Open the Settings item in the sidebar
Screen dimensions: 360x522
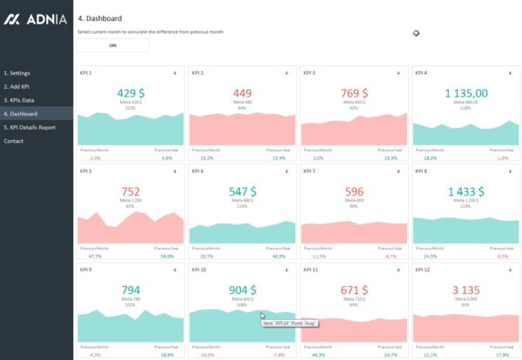pyautogui.click(x=17, y=73)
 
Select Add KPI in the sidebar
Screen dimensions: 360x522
pyautogui.click(x=17, y=87)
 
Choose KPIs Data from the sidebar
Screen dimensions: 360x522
pyautogui.click(x=18, y=100)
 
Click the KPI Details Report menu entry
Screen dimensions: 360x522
pyautogui.click(x=30, y=127)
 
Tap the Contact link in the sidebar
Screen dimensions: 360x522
pyautogui.click(x=13, y=141)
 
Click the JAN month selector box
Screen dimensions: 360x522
pyautogui.click(x=112, y=44)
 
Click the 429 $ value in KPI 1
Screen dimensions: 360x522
pyautogui.click(x=130, y=92)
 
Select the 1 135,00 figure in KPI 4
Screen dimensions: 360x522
pyautogui.click(x=466, y=92)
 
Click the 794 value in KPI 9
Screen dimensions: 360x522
pyautogui.click(x=130, y=290)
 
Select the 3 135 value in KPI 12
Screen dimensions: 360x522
pyautogui.click(x=466, y=290)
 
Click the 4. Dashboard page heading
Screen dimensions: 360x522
pyautogui.click(x=100, y=17)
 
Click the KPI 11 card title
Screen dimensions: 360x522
pyautogui.click(x=311, y=270)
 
